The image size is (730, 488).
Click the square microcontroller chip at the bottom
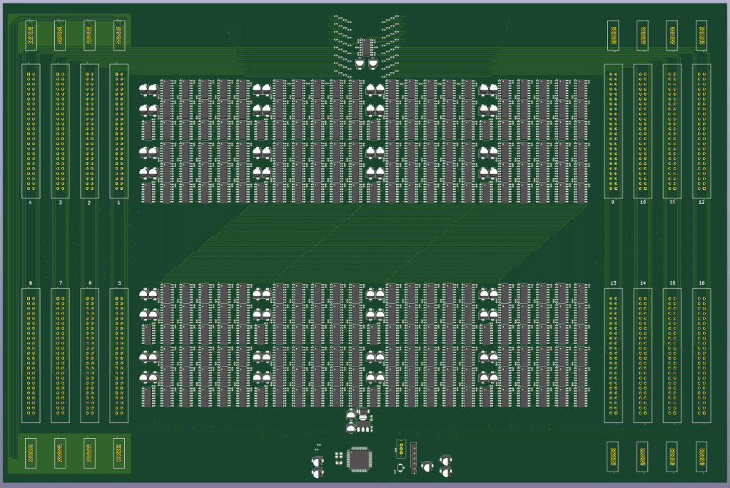click(359, 459)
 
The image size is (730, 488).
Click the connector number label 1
click(118, 203)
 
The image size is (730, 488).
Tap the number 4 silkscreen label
click(30, 203)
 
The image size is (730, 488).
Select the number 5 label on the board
click(118, 283)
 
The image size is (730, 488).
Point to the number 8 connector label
click(30, 283)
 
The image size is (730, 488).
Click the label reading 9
click(612, 203)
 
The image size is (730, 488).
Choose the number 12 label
click(701, 203)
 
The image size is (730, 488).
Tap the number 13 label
click(613, 283)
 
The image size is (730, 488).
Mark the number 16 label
click(701, 283)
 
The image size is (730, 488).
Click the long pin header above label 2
click(89, 131)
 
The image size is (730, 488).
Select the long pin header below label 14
click(642, 355)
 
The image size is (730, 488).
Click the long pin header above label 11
click(672, 131)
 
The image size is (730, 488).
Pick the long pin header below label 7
click(60, 355)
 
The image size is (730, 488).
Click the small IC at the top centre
click(366, 47)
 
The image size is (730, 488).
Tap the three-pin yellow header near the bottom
click(402, 449)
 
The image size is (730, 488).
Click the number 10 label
click(642, 203)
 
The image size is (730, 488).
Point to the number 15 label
click(672, 283)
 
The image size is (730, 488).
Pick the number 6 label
click(89, 283)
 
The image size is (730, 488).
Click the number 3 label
click(60, 203)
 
